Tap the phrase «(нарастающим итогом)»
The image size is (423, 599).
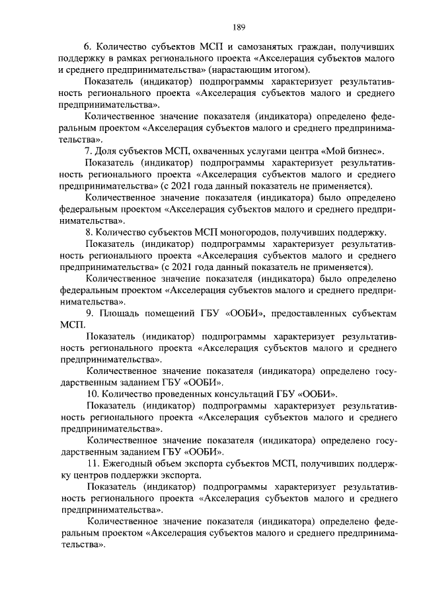(x=262, y=70)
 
